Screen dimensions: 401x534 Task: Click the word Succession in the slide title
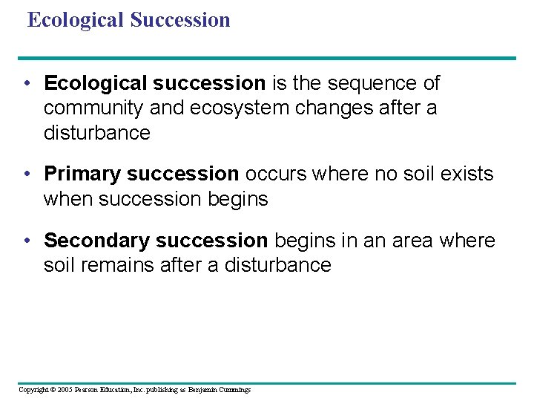tap(179, 20)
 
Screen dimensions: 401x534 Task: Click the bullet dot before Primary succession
tap(27, 174)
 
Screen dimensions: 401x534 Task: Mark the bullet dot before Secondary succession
tap(27, 241)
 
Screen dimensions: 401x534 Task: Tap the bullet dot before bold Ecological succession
tap(27, 83)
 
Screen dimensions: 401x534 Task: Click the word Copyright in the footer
tap(32, 390)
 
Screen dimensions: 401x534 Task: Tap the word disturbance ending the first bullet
tap(96, 134)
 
